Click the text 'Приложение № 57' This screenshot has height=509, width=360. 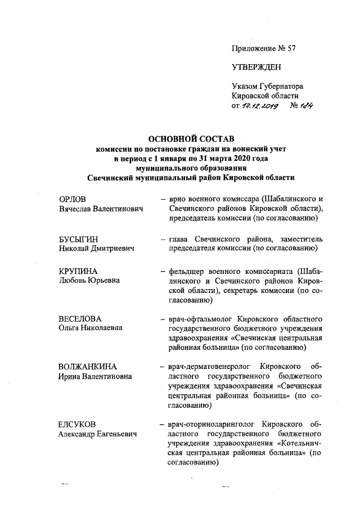(x=264, y=48)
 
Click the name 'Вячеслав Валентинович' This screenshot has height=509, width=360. (x=101, y=209)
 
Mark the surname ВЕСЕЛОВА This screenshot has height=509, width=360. (x=80, y=319)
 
